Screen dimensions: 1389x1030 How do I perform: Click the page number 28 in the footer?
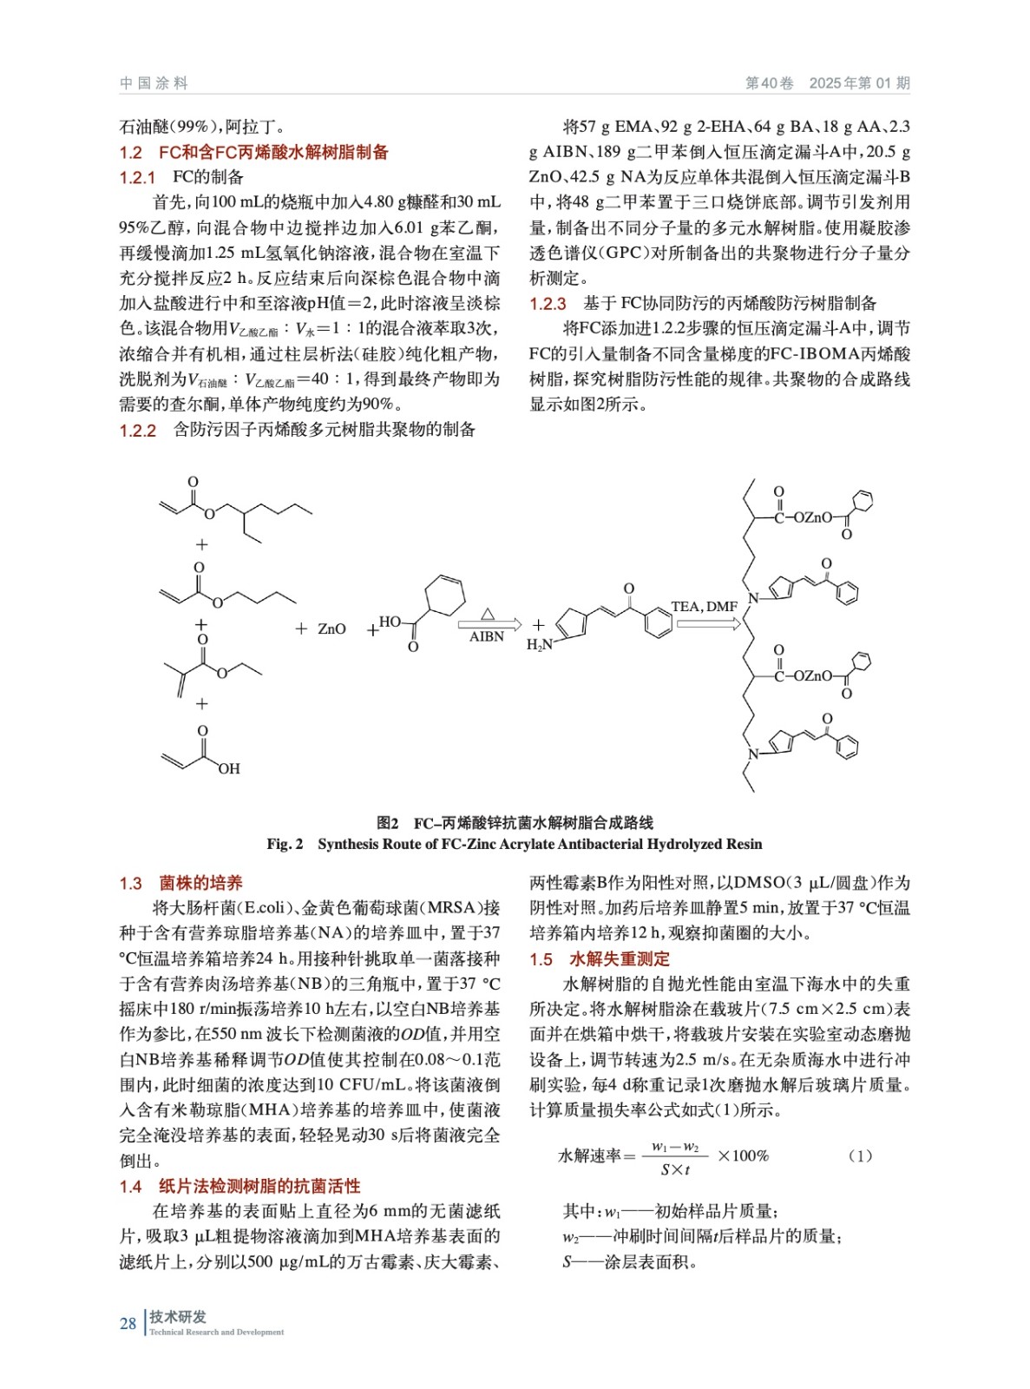(128, 1323)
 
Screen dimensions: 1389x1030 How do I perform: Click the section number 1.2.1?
(137, 178)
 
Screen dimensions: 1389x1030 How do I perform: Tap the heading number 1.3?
(130, 884)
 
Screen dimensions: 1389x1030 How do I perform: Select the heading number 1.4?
(130, 1187)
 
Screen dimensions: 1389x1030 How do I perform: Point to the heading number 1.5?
(541, 959)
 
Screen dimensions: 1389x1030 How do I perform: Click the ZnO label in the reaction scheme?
(331, 629)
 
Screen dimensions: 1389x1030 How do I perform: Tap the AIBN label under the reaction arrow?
(487, 637)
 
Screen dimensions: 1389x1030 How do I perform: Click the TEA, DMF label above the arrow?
(704, 607)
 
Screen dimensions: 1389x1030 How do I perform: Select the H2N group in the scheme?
(539, 645)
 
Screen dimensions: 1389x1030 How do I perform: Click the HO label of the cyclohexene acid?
(390, 622)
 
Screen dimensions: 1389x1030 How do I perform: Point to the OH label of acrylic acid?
(229, 769)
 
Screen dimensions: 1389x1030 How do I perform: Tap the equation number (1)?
(859, 1155)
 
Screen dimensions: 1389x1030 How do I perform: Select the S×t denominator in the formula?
(675, 1169)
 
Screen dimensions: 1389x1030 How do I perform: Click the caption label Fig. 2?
(285, 844)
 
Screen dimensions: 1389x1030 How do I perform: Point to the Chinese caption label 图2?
(387, 822)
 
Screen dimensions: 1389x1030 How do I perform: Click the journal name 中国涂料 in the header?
(154, 83)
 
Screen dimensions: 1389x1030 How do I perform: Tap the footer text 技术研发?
(178, 1317)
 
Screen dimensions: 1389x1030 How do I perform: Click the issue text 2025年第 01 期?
(859, 83)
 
